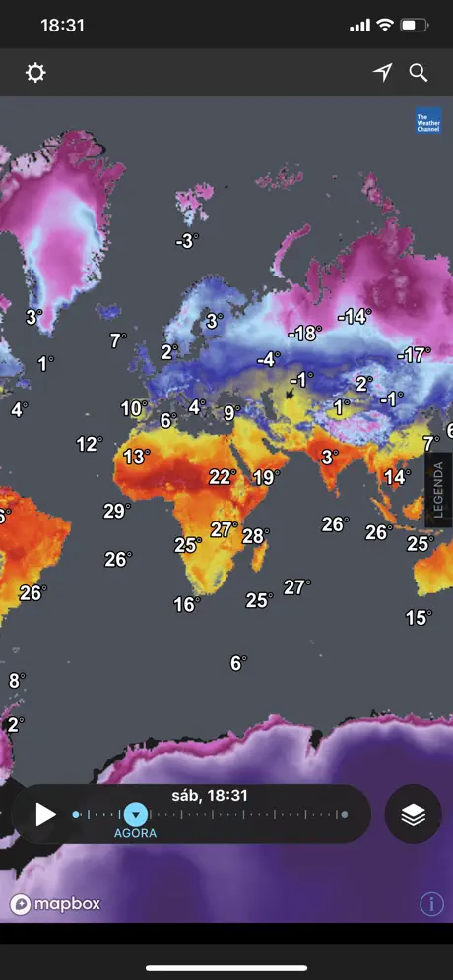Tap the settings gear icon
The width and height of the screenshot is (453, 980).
[35, 73]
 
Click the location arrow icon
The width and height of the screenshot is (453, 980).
[382, 73]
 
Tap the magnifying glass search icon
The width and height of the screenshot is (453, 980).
[419, 73]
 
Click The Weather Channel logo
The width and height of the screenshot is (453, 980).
[428, 120]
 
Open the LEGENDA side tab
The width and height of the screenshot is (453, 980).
[438, 490]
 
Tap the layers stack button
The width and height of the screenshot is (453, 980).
[413, 814]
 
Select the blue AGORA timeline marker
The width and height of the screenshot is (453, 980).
[136, 814]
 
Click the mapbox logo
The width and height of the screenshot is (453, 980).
[56, 904]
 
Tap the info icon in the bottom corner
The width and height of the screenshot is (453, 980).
[431, 904]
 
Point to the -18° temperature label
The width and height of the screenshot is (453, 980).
[304, 334]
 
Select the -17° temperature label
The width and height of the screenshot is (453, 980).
[414, 354]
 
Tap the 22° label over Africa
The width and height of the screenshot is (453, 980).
[223, 477]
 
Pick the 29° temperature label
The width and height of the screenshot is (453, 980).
[116, 511]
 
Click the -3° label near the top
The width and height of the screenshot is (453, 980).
[187, 241]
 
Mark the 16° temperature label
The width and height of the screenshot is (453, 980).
[186, 605]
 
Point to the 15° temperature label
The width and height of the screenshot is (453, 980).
[419, 618]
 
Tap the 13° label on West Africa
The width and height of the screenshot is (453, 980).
[136, 457]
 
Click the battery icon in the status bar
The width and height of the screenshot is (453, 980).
[415, 26]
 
